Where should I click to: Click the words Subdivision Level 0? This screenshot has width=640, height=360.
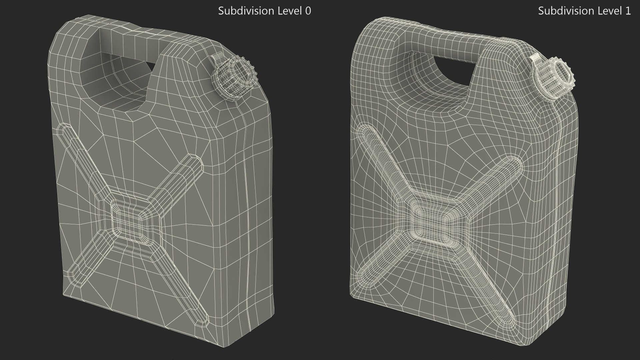[264, 11]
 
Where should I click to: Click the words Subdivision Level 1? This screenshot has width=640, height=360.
[584, 11]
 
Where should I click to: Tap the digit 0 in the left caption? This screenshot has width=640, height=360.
[308, 11]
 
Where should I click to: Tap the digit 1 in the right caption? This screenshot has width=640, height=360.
[628, 11]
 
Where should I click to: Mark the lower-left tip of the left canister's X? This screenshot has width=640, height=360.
[72, 275]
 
